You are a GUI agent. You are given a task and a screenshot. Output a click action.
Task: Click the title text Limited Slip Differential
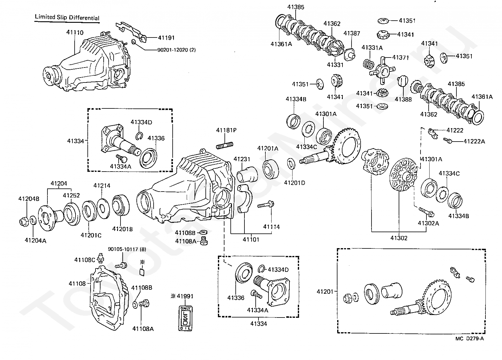tap(67, 17)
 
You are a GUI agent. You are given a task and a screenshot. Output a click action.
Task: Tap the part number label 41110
tap(75, 32)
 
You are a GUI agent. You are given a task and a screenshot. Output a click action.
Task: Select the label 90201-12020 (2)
tap(177, 50)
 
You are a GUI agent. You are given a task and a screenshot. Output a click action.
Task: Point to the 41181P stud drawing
tap(224, 145)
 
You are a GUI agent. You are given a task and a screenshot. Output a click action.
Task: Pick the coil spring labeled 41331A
tap(368, 64)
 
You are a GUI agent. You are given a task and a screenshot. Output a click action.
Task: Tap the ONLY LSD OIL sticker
tap(185, 318)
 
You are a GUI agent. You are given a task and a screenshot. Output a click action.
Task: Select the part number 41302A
tap(428, 223)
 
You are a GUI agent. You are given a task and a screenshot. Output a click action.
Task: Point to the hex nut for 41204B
tap(23, 222)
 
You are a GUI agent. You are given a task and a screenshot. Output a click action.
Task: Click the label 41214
tap(102, 186)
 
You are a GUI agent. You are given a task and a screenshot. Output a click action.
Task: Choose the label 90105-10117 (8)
tap(127, 249)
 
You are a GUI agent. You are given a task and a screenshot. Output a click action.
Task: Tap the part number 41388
tap(403, 99)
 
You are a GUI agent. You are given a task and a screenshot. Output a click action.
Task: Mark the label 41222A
tap(474, 141)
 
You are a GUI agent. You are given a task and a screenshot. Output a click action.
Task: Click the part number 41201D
tap(295, 183)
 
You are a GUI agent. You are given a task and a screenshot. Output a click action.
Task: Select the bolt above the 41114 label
tap(266, 205)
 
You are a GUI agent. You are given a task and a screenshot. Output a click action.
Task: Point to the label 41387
tap(352, 33)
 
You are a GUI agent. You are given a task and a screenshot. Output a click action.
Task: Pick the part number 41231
tap(242, 159)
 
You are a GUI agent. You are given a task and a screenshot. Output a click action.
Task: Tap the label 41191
tap(166, 38)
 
